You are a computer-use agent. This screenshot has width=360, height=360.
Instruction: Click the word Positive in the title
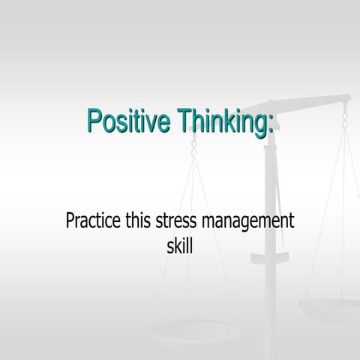click(127, 121)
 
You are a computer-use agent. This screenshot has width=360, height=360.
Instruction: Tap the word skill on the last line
click(180, 244)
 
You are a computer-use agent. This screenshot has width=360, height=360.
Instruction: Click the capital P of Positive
click(94, 121)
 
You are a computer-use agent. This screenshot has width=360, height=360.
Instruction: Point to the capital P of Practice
click(71, 222)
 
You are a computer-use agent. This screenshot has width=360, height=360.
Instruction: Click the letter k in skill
click(176, 244)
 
